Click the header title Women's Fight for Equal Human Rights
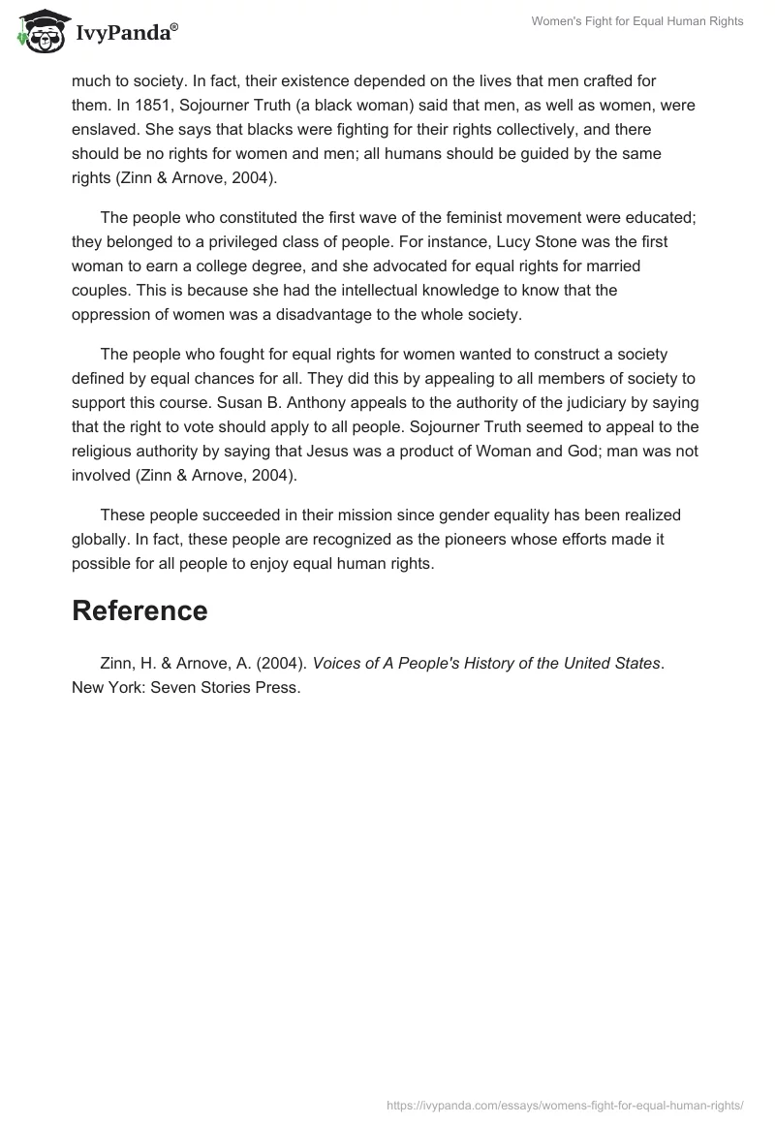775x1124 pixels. pos(637,22)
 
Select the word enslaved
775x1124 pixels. pos(106,129)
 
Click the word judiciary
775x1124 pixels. pos(592,402)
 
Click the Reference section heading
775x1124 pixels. pos(139,610)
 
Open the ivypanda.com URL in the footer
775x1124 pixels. pos(565,1104)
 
